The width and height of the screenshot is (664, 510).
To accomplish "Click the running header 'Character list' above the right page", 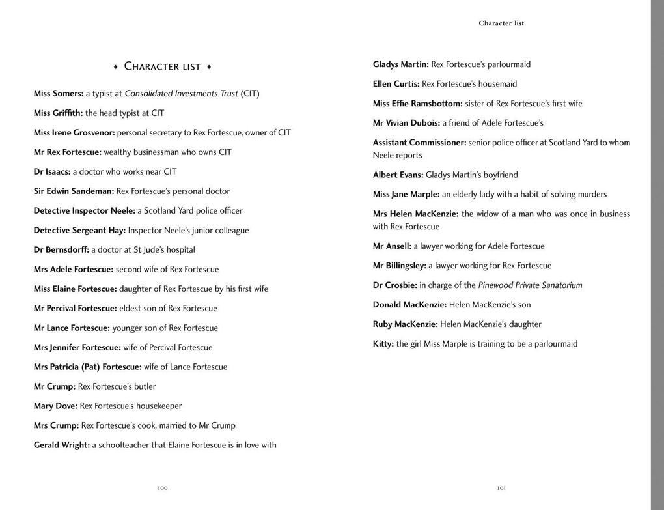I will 501,23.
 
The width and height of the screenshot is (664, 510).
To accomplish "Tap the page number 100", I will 163,488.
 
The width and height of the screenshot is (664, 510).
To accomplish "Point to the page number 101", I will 501,488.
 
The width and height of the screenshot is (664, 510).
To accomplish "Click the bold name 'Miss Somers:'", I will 59,94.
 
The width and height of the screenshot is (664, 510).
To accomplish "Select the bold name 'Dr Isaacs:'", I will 52,172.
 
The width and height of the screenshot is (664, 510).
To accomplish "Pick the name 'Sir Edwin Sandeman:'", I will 74,191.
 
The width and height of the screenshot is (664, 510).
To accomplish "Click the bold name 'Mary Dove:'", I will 55,406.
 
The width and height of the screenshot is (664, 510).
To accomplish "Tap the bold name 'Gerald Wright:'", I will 62,446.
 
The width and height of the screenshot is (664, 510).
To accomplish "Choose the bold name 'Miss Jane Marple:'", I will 406,194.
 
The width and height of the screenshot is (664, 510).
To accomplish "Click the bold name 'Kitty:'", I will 383,344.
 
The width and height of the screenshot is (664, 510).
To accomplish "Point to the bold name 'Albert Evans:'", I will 398,175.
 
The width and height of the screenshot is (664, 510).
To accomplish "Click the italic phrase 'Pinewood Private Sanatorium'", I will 530,285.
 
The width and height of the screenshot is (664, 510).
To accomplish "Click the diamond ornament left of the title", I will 115,66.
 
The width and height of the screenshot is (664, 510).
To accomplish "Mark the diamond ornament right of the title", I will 209,66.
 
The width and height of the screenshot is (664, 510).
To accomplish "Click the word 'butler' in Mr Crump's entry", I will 145,387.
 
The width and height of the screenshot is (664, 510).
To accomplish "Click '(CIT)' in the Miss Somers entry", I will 250,94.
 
